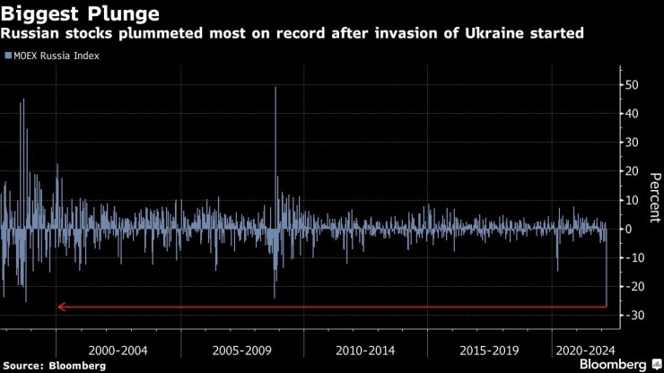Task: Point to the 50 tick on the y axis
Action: (x=632, y=85)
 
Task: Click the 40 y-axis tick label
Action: (x=632, y=114)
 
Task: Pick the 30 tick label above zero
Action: (x=632, y=143)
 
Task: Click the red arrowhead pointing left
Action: (x=61, y=307)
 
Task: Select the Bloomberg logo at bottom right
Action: (x=618, y=364)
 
